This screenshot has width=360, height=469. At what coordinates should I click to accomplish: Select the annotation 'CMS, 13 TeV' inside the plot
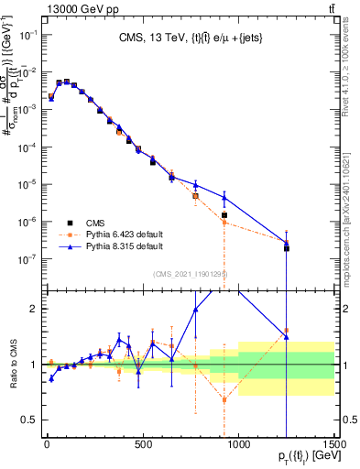[188, 38]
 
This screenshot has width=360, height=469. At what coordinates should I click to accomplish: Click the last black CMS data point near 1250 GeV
[287, 248]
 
